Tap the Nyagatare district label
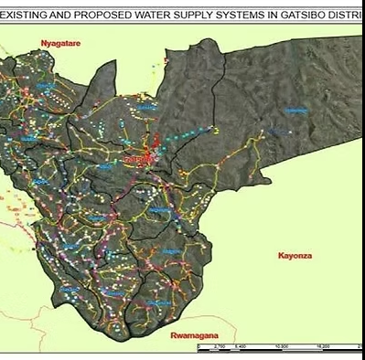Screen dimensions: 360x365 click(x=60, y=43)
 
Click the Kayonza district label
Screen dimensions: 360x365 click(x=295, y=257)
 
